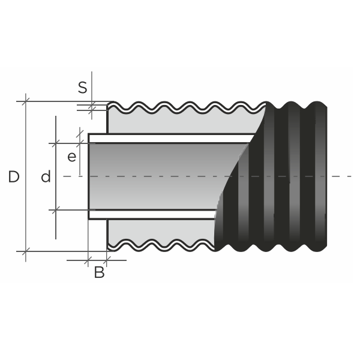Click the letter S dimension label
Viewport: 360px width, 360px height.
click(x=83, y=87)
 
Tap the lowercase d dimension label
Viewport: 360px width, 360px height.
click(x=46, y=177)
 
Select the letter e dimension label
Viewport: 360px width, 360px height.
click(x=71, y=157)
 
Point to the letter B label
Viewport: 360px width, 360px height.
click(x=100, y=272)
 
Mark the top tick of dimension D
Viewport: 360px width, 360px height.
click(x=26, y=101)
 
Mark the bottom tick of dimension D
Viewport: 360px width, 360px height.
click(x=26, y=251)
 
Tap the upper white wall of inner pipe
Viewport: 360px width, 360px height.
click(x=168, y=138)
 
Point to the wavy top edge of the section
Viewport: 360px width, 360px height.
click(x=180, y=107)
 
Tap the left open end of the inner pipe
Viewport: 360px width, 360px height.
click(x=89, y=176)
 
